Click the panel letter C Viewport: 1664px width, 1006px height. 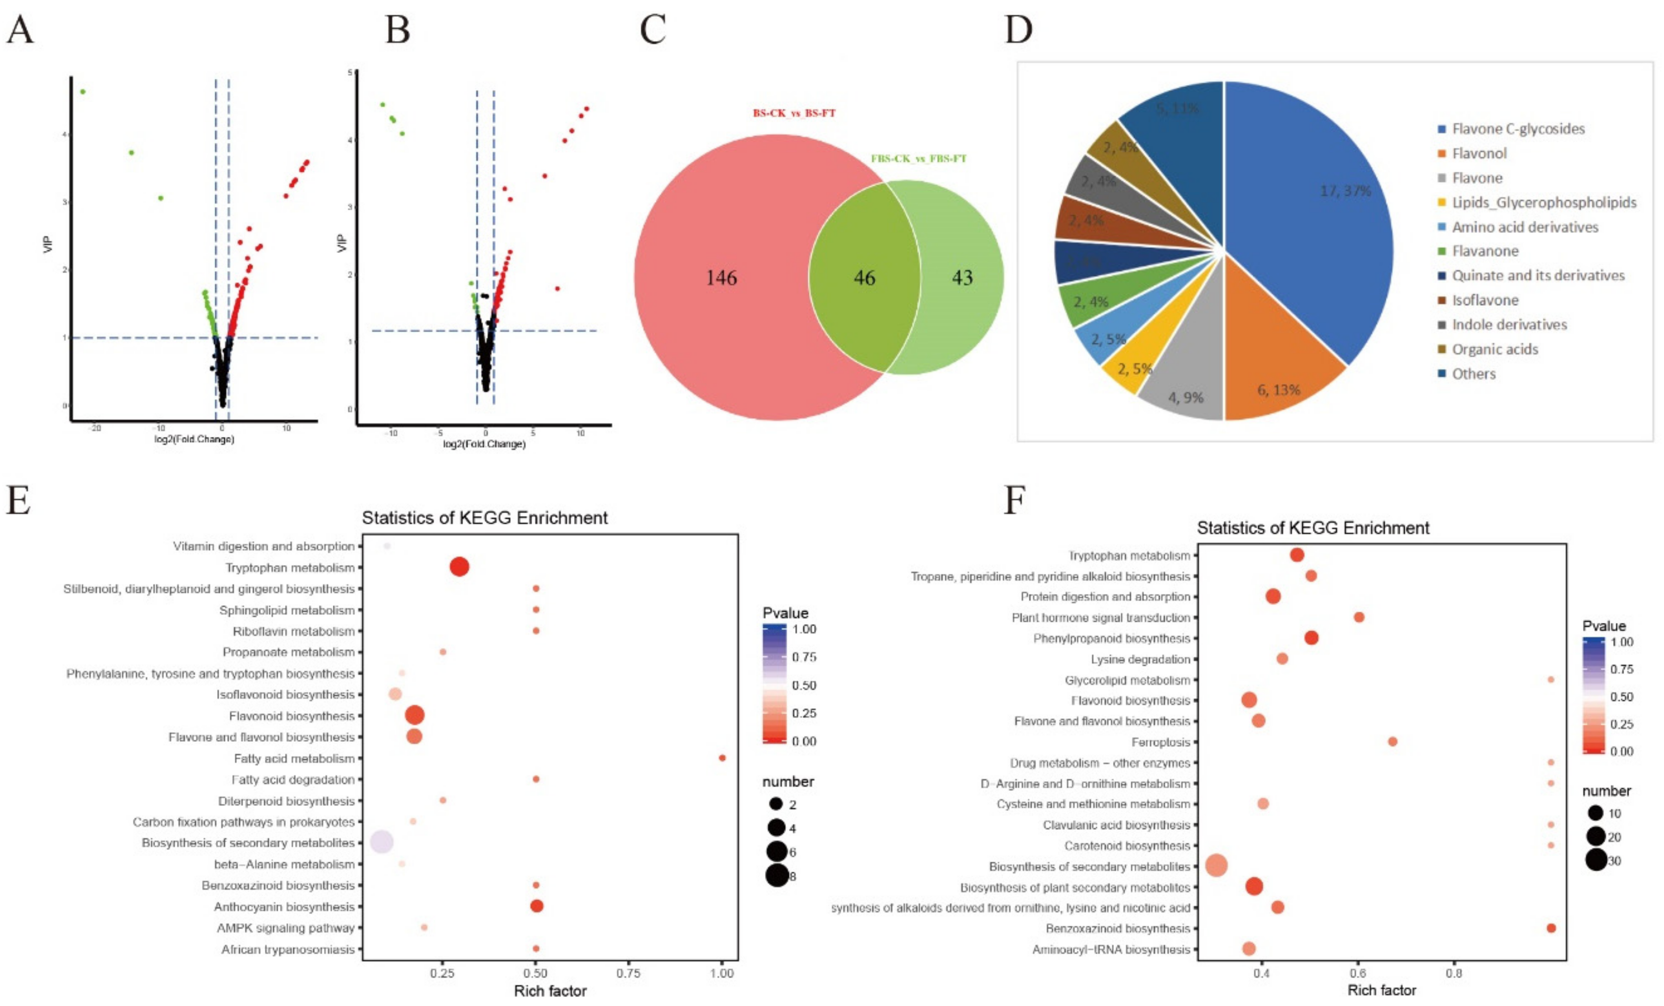[652, 31]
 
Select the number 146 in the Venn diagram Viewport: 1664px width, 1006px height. [721, 277]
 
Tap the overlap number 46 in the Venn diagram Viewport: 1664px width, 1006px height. [864, 277]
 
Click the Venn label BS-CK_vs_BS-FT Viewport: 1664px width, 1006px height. [794, 113]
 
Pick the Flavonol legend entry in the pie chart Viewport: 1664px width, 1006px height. [1479, 153]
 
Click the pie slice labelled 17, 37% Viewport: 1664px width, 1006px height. [1324, 203]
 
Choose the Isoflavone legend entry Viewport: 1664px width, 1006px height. [1485, 300]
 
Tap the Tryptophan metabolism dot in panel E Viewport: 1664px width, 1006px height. [459, 567]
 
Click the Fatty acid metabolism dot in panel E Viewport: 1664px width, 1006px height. [722, 757]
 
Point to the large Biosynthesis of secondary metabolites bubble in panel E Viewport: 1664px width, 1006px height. [382, 842]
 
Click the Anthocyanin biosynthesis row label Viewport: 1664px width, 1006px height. [284, 907]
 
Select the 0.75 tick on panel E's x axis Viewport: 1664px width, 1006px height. [629, 973]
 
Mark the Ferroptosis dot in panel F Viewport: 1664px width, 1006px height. [1392, 741]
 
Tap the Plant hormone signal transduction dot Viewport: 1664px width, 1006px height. [1359, 617]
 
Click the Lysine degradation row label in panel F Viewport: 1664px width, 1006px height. [1140, 659]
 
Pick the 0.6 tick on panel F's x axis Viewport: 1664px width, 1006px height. [1358, 973]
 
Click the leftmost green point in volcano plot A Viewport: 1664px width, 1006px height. [82, 91]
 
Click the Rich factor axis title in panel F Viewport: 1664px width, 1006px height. [1382, 990]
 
